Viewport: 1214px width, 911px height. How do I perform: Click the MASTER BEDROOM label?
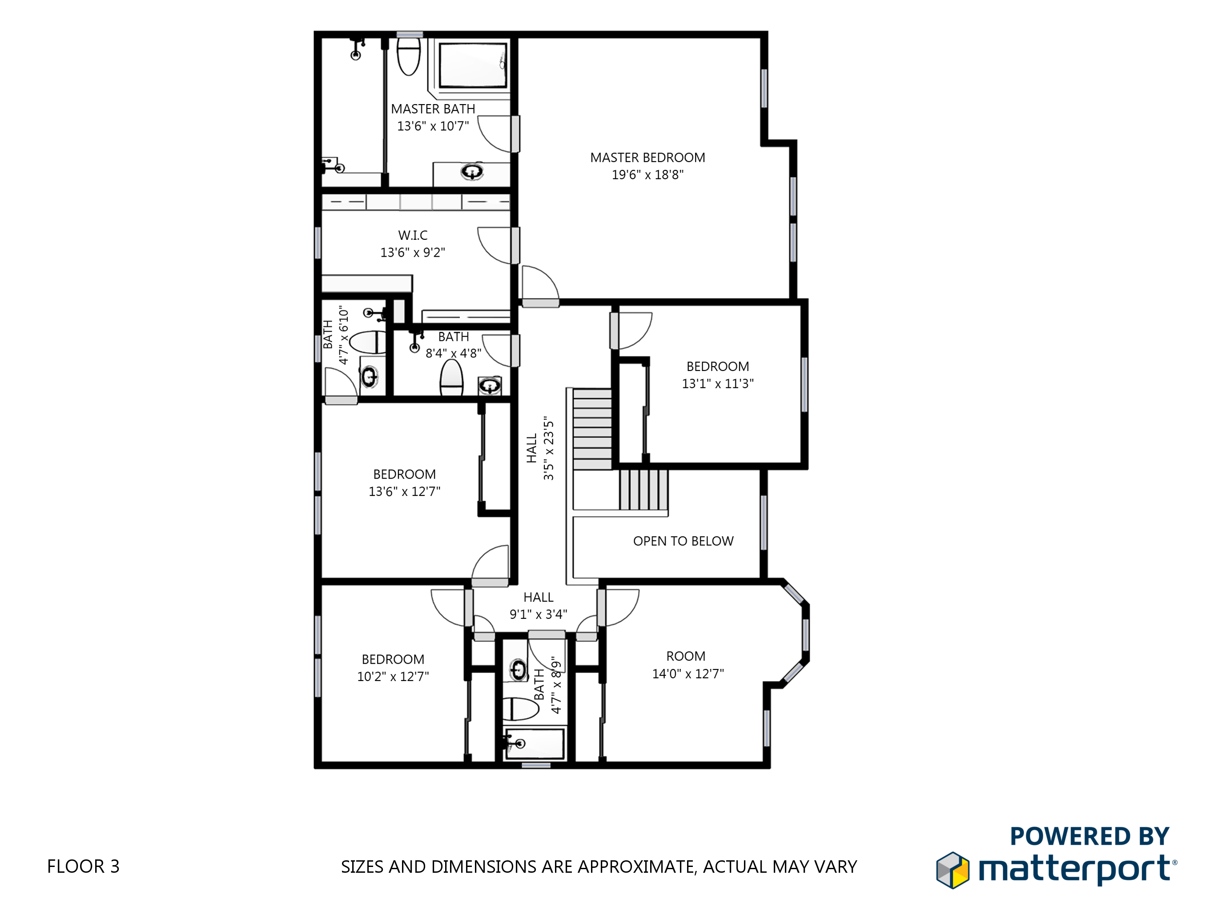pyautogui.click(x=647, y=157)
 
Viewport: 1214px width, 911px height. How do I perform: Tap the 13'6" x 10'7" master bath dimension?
pyautogui.click(x=433, y=126)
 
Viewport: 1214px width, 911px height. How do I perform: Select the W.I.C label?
pyautogui.click(x=413, y=235)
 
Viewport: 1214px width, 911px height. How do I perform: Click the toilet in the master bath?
pyautogui.click(x=408, y=56)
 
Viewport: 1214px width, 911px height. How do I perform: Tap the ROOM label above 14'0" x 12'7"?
pyautogui.click(x=685, y=656)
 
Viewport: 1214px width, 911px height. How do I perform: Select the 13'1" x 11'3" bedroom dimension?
pyautogui.click(x=717, y=384)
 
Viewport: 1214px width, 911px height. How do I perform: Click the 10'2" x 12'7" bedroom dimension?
pyautogui.click(x=393, y=677)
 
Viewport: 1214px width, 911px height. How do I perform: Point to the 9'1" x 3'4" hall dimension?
pyautogui.click(x=539, y=614)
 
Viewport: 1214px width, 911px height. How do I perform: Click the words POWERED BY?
pyautogui.click(x=1089, y=836)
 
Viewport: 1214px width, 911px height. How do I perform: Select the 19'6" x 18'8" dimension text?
pyautogui.click(x=647, y=175)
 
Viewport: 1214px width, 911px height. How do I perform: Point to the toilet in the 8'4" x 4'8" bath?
pyautogui.click(x=451, y=378)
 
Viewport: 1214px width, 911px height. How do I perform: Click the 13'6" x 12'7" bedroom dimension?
pyautogui.click(x=405, y=492)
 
